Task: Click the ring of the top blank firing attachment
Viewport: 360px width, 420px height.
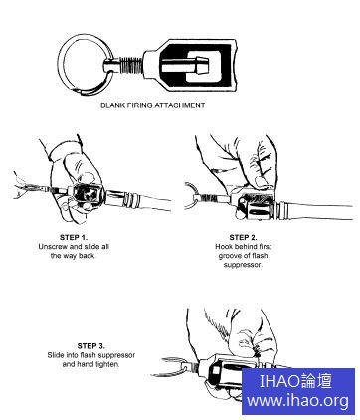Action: (x=60, y=63)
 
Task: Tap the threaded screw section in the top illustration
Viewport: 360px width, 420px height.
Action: (x=130, y=63)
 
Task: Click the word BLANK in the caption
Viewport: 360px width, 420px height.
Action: (x=112, y=105)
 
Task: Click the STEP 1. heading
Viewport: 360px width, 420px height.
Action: (x=74, y=237)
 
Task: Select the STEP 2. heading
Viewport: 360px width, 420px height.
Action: (x=243, y=237)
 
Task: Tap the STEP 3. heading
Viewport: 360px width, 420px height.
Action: (x=91, y=346)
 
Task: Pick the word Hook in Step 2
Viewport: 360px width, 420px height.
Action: (x=224, y=247)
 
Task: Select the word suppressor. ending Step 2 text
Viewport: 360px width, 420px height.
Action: (x=243, y=265)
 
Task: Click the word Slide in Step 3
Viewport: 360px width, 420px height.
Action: (x=56, y=355)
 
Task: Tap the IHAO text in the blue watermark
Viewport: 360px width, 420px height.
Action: (x=279, y=381)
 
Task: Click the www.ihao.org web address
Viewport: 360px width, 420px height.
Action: (x=297, y=400)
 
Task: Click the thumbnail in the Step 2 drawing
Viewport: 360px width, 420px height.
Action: (x=262, y=182)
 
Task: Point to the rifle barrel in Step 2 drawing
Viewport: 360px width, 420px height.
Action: (x=315, y=210)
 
